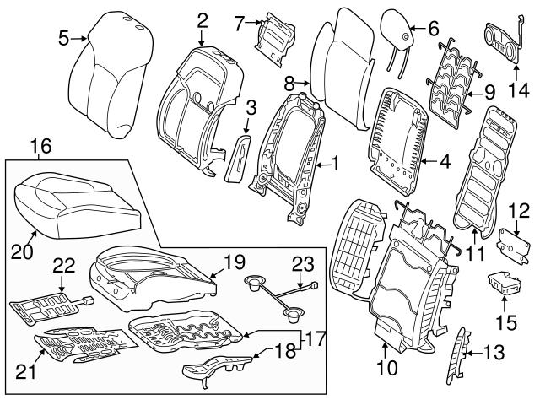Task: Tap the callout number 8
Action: point(289,84)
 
